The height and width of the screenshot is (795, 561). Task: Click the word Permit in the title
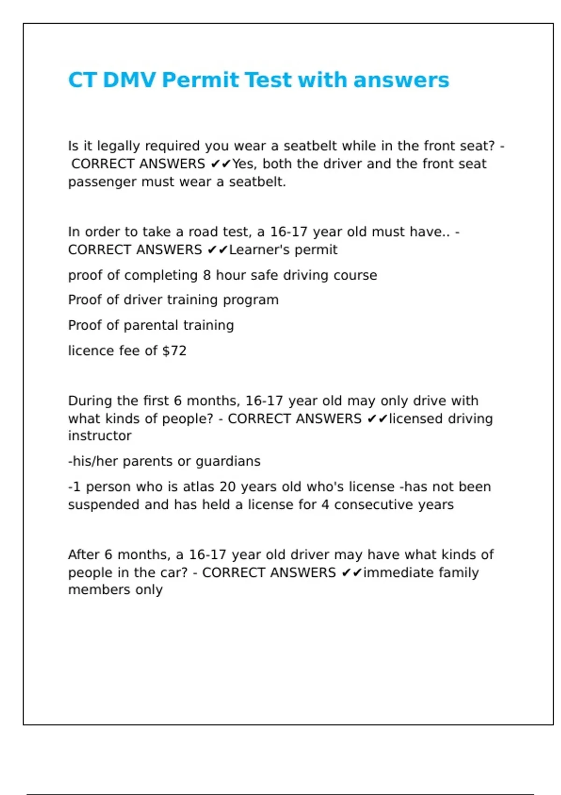[x=200, y=80]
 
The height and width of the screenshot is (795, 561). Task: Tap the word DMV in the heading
[x=129, y=80]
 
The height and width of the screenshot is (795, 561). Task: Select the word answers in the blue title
[x=401, y=80]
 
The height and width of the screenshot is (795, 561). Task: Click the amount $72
[x=174, y=351]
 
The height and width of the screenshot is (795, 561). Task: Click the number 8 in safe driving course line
[x=207, y=275]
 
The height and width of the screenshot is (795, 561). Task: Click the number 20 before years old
[x=227, y=487]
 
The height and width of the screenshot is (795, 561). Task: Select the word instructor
[x=100, y=436]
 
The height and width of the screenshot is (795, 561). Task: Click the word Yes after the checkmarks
[x=244, y=164]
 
